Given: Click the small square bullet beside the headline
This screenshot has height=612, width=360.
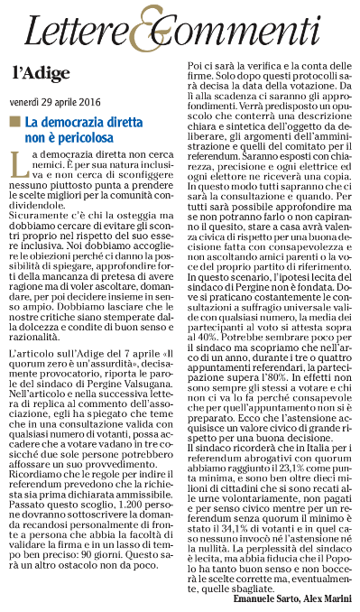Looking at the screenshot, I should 14,121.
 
